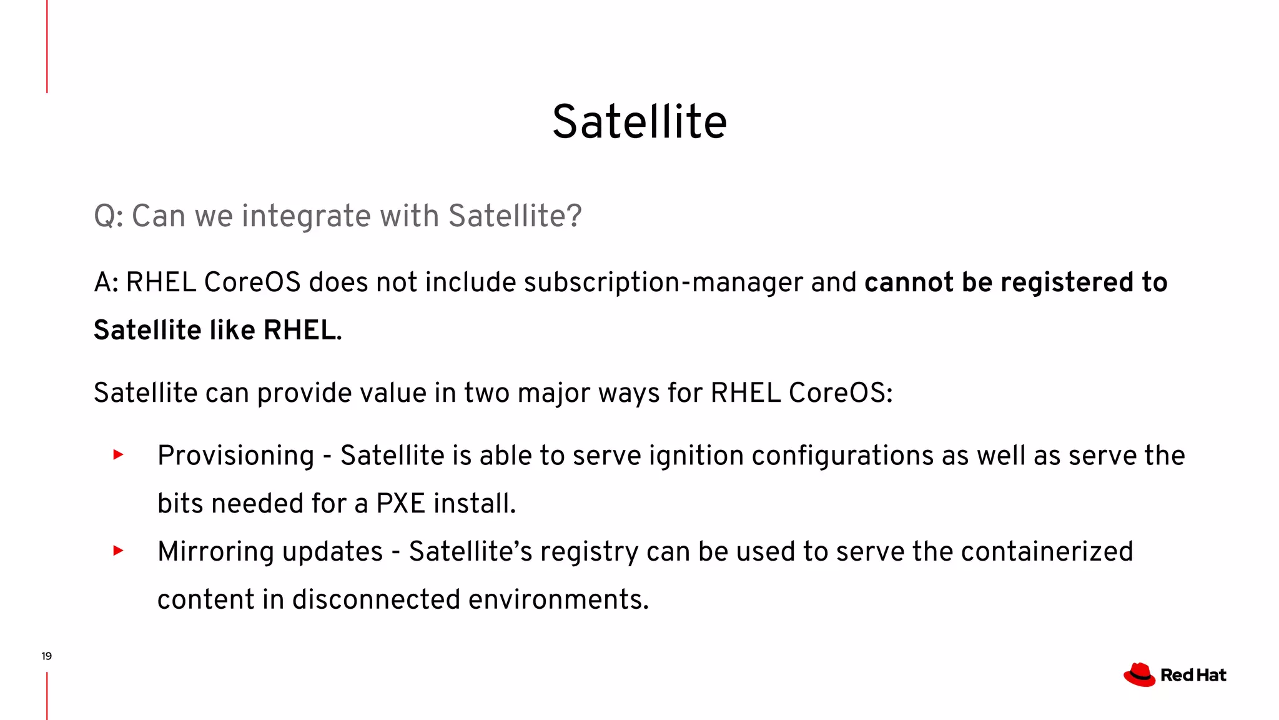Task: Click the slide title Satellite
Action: tap(639, 121)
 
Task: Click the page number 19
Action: tap(46, 656)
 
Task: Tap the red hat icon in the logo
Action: tap(1139, 675)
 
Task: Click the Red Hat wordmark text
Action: tap(1193, 675)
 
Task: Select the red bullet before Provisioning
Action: tap(118, 454)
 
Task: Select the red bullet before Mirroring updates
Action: tap(118, 551)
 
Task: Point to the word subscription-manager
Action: tap(663, 282)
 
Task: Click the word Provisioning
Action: tap(235, 456)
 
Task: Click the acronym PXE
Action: tap(400, 503)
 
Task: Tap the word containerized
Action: tap(1047, 552)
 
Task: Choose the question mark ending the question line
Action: tap(575, 216)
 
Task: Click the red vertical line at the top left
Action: tap(47, 46)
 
